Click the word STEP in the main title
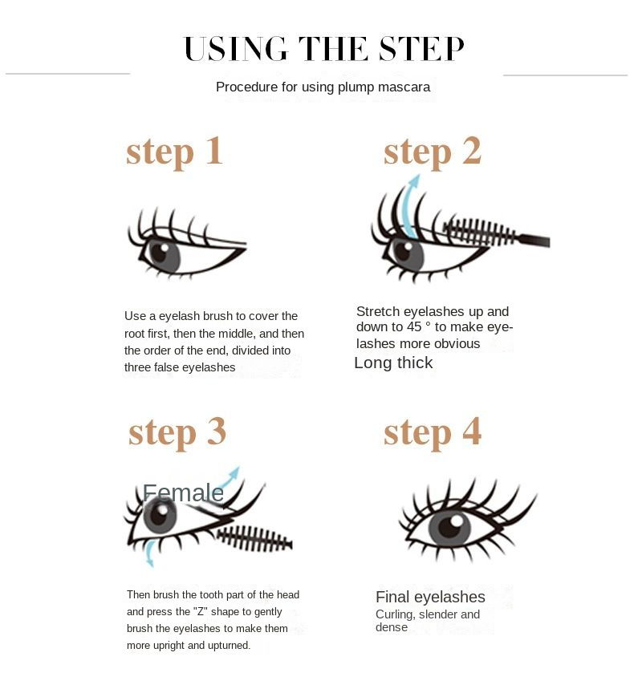(x=421, y=48)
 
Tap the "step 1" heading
(x=174, y=152)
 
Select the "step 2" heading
(x=433, y=152)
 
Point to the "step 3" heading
(x=177, y=432)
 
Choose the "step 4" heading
(x=433, y=432)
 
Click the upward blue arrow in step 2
(x=412, y=205)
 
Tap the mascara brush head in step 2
(x=479, y=232)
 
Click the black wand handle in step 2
(x=534, y=241)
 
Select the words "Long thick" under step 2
(x=393, y=363)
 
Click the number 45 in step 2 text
(x=414, y=327)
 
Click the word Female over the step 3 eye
(x=183, y=492)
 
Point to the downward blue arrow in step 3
(x=149, y=553)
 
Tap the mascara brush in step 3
(x=255, y=539)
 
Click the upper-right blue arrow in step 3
(x=230, y=476)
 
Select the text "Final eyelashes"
(x=430, y=598)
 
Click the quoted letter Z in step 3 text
(x=200, y=612)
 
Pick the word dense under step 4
(x=392, y=627)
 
